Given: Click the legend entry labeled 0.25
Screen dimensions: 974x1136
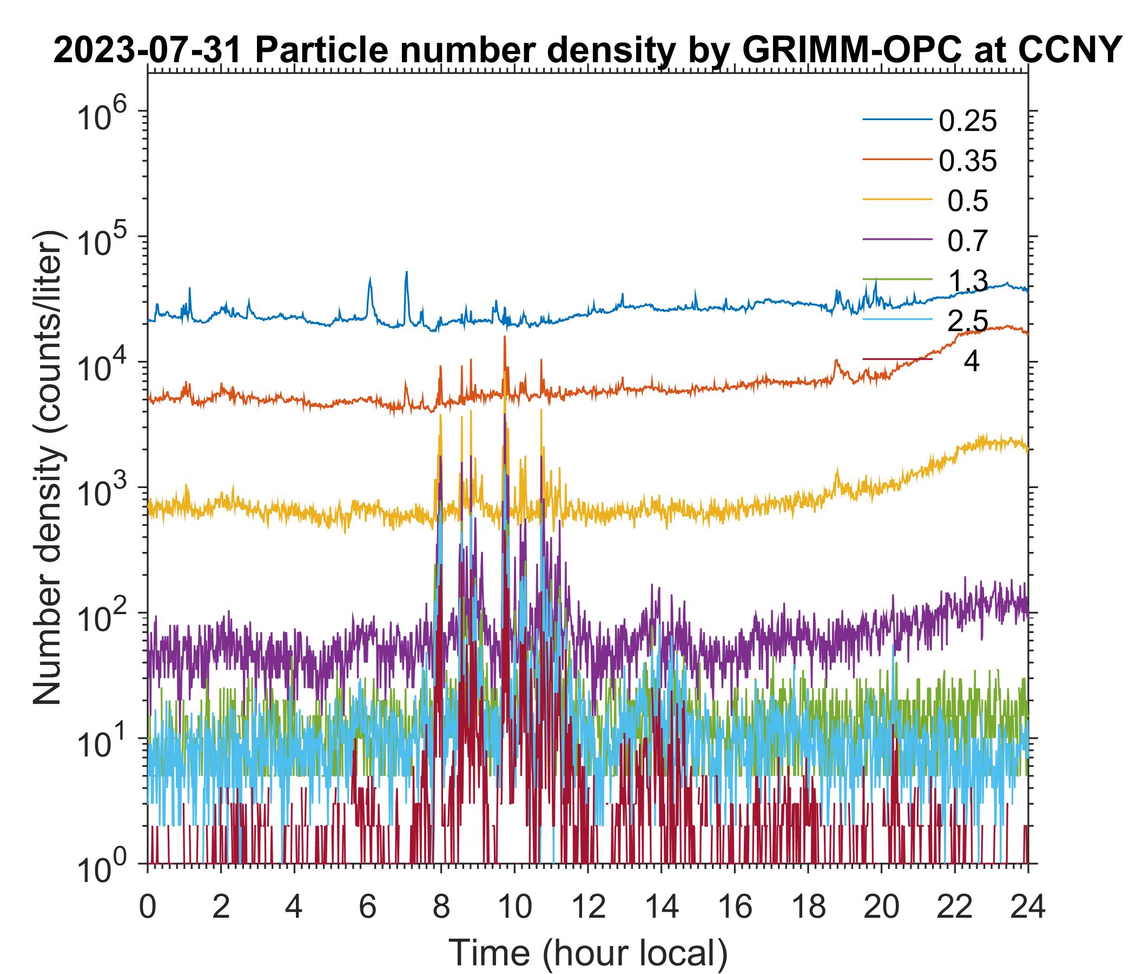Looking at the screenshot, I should tap(967, 121).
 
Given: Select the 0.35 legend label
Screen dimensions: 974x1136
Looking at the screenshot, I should tap(967, 161).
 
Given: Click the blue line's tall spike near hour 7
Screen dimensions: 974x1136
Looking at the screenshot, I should tap(406, 273).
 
